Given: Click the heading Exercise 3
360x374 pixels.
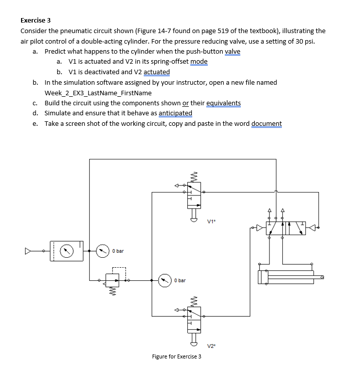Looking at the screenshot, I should [36, 21].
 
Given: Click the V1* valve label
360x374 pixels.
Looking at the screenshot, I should [211, 220].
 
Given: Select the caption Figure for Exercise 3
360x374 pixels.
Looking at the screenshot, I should [177, 356].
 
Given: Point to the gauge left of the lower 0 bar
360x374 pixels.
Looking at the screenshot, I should [165, 280].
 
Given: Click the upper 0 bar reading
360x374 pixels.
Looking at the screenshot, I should [118, 250].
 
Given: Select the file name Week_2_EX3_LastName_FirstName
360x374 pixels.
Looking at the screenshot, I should [98, 93].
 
